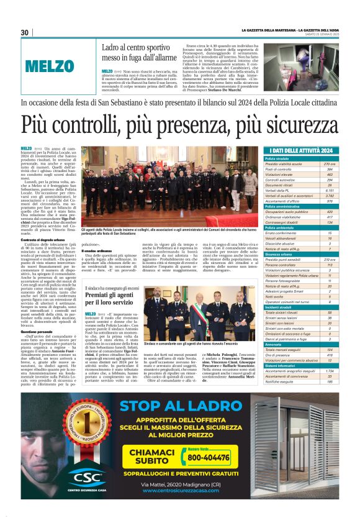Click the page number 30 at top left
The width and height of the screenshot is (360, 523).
coord(25,32)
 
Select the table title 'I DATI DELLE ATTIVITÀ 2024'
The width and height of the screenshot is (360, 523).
coord(302,151)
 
